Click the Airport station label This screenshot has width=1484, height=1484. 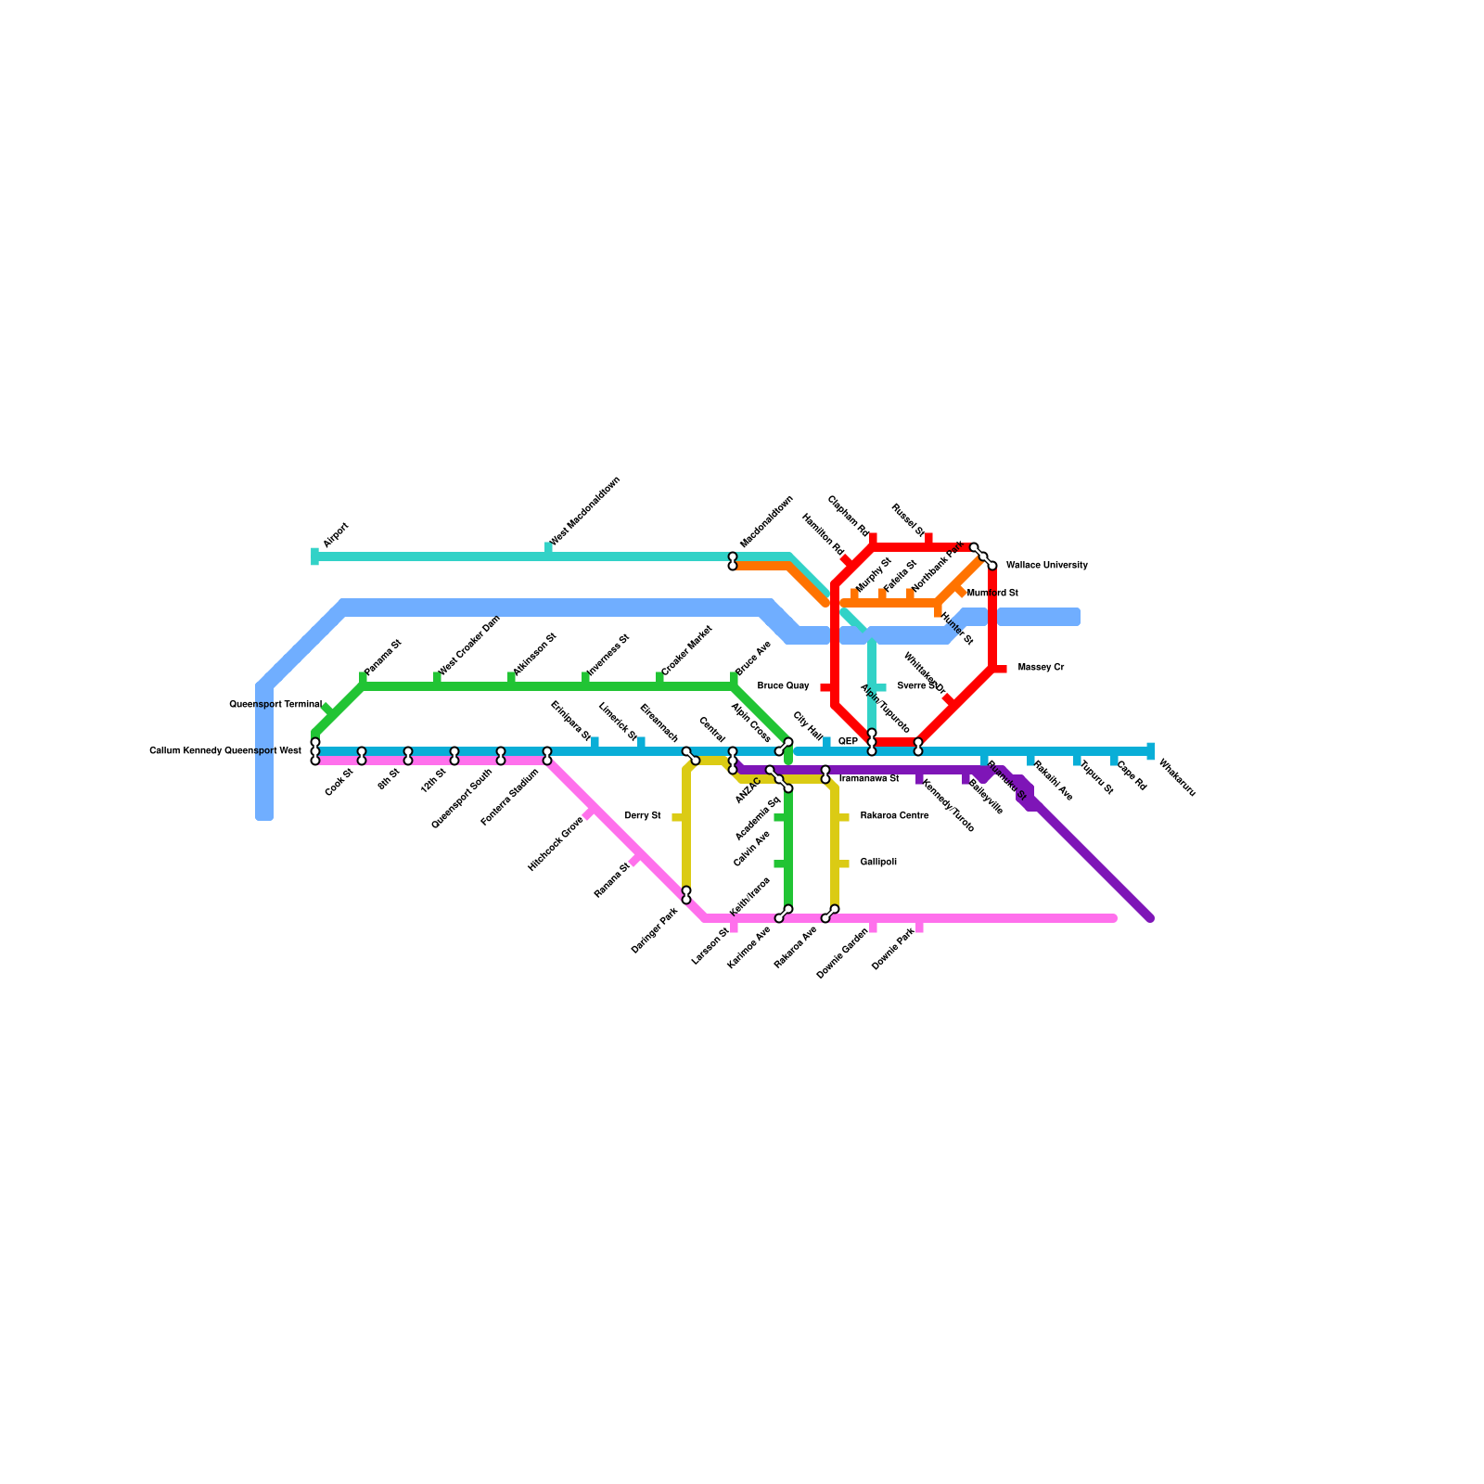pyautogui.click(x=335, y=535)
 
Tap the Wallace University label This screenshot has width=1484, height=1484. pyautogui.click(x=1046, y=565)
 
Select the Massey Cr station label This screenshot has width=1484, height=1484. pyautogui.click(x=1041, y=667)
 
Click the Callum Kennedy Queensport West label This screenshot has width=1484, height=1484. pyautogui.click(x=225, y=750)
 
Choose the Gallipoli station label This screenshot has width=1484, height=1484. pyautogui.click(x=877, y=862)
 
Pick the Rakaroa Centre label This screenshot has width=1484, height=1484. pyautogui.click(x=894, y=815)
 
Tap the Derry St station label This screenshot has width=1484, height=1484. pyautogui.click(x=643, y=815)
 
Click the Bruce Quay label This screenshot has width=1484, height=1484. pyautogui.click(x=783, y=685)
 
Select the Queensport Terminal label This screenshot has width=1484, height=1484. pyautogui.click(x=275, y=704)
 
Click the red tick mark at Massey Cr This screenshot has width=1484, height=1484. pyautogui.click(x=1000, y=668)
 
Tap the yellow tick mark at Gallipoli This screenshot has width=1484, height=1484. pyautogui.click(x=842, y=864)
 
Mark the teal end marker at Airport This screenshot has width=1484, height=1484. pyautogui.click(x=314, y=556)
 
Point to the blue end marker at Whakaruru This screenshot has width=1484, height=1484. pyautogui.click(x=1150, y=751)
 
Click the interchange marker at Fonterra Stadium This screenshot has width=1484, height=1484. pyautogui.click(x=547, y=756)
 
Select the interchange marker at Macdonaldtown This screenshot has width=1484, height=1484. pyautogui.click(x=733, y=561)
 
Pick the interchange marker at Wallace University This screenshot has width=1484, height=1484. pyautogui.click(x=983, y=556)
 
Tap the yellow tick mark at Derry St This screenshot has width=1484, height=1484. pyautogui.click(x=678, y=817)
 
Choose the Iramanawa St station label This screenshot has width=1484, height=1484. pyautogui.click(x=869, y=778)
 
